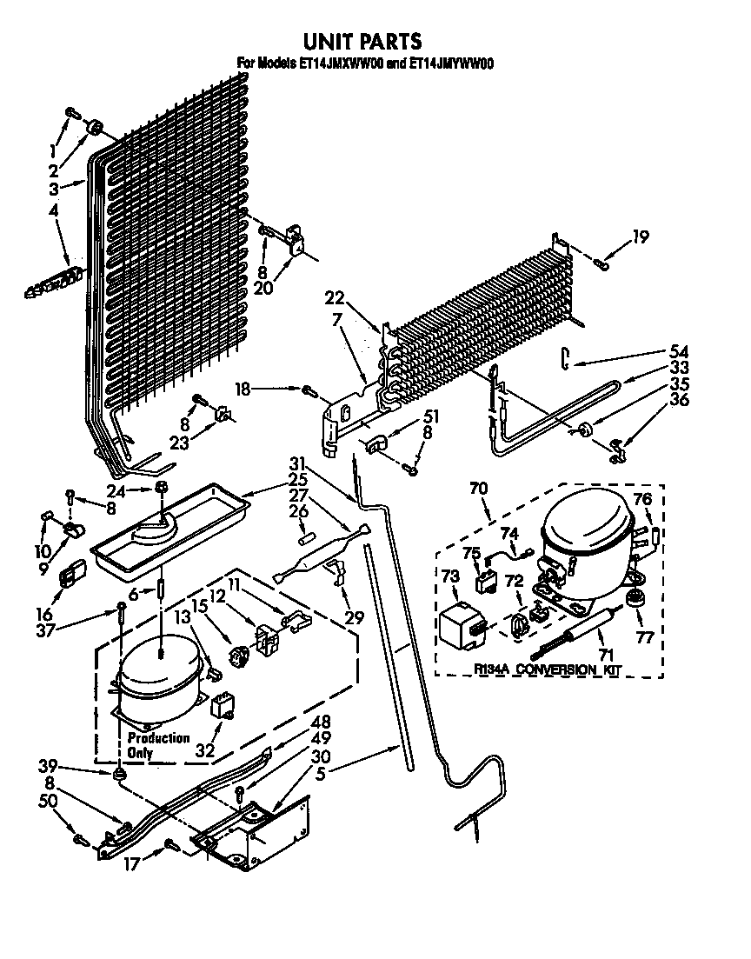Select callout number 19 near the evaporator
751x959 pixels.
click(640, 235)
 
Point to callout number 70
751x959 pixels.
click(478, 490)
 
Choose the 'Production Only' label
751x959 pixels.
click(157, 745)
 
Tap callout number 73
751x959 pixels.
click(449, 576)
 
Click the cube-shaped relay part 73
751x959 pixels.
click(463, 624)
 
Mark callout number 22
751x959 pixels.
click(334, 298)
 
